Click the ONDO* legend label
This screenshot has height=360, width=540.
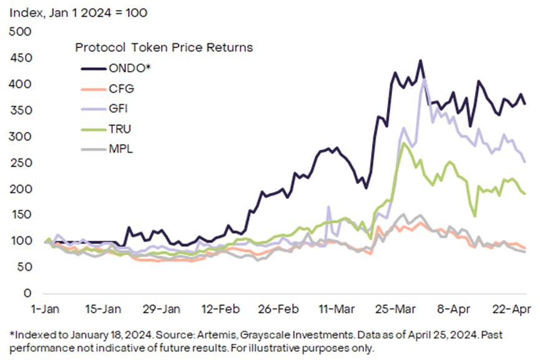[130, 68]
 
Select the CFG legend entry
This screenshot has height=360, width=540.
[121, 89]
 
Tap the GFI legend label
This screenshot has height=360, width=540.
[118, 109]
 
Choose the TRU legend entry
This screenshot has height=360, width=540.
[120, 129]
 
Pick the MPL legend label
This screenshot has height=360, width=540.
[120, 148]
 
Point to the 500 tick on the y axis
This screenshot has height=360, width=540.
[20, 32]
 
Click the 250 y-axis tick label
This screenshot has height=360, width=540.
[20, 162]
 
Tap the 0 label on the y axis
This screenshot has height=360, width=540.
[27, 293]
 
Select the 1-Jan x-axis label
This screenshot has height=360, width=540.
[45, 309]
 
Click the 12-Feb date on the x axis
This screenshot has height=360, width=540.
[220, 309]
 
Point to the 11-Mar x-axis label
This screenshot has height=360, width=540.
[336, 309]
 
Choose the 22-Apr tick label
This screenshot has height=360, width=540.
[512, 309]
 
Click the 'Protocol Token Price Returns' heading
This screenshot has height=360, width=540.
[164, 47]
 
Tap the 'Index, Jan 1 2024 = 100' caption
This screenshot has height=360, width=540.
[79, 12]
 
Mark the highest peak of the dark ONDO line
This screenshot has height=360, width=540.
[420, 61]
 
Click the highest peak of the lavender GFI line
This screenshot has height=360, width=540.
[425, 80]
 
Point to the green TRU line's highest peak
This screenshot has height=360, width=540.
[404, 143]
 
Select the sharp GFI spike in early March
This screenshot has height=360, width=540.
[328, 207]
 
